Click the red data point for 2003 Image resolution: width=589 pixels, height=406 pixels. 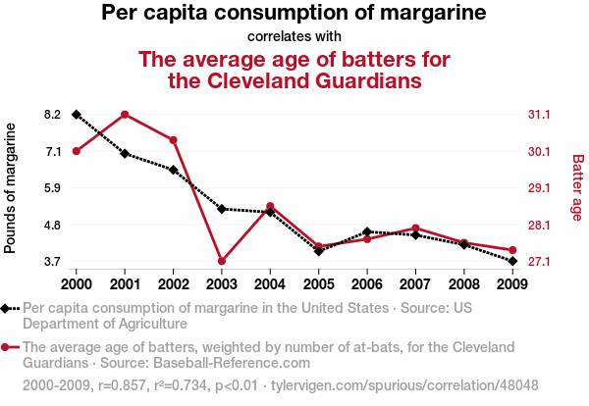click(x=222, y=261)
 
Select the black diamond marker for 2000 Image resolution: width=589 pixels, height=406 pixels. click(x=76, y=115)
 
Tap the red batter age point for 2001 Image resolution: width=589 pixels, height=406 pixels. click(x=125, y=115)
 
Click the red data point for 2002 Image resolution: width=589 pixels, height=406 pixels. click(x=173, y=140)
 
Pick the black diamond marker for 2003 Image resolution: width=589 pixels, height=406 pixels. click(x=222, y=209)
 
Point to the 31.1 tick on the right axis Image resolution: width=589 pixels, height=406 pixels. click(x=538, y=115)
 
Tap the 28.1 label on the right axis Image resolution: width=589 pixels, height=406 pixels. click(x=538, y=226)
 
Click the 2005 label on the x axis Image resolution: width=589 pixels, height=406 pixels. click(x=318, y=283)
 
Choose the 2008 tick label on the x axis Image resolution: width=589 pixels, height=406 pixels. click(x=463, y=283)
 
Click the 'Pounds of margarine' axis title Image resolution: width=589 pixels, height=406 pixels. click(x=11, y=188)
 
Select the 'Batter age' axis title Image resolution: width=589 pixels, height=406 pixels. click(x=577, y=186)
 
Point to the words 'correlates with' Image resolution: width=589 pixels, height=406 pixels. click(x=294, y=37)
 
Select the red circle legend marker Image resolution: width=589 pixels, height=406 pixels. click(x=8, y=347)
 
